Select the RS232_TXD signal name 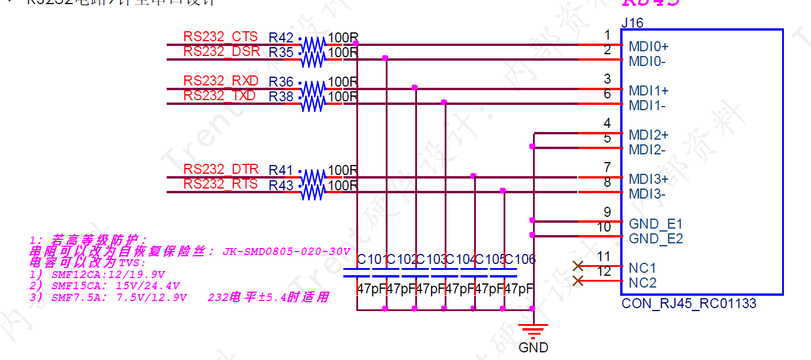219,95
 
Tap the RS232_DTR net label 220,170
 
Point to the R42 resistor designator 281,38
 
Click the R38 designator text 281,97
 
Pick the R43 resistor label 281,186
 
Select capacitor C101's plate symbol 357,272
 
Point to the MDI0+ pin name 648,47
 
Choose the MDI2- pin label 647,150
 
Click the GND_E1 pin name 656,224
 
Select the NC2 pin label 642,283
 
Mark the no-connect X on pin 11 578,266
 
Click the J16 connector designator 632,23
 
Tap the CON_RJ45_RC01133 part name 688,304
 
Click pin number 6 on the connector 607,94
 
